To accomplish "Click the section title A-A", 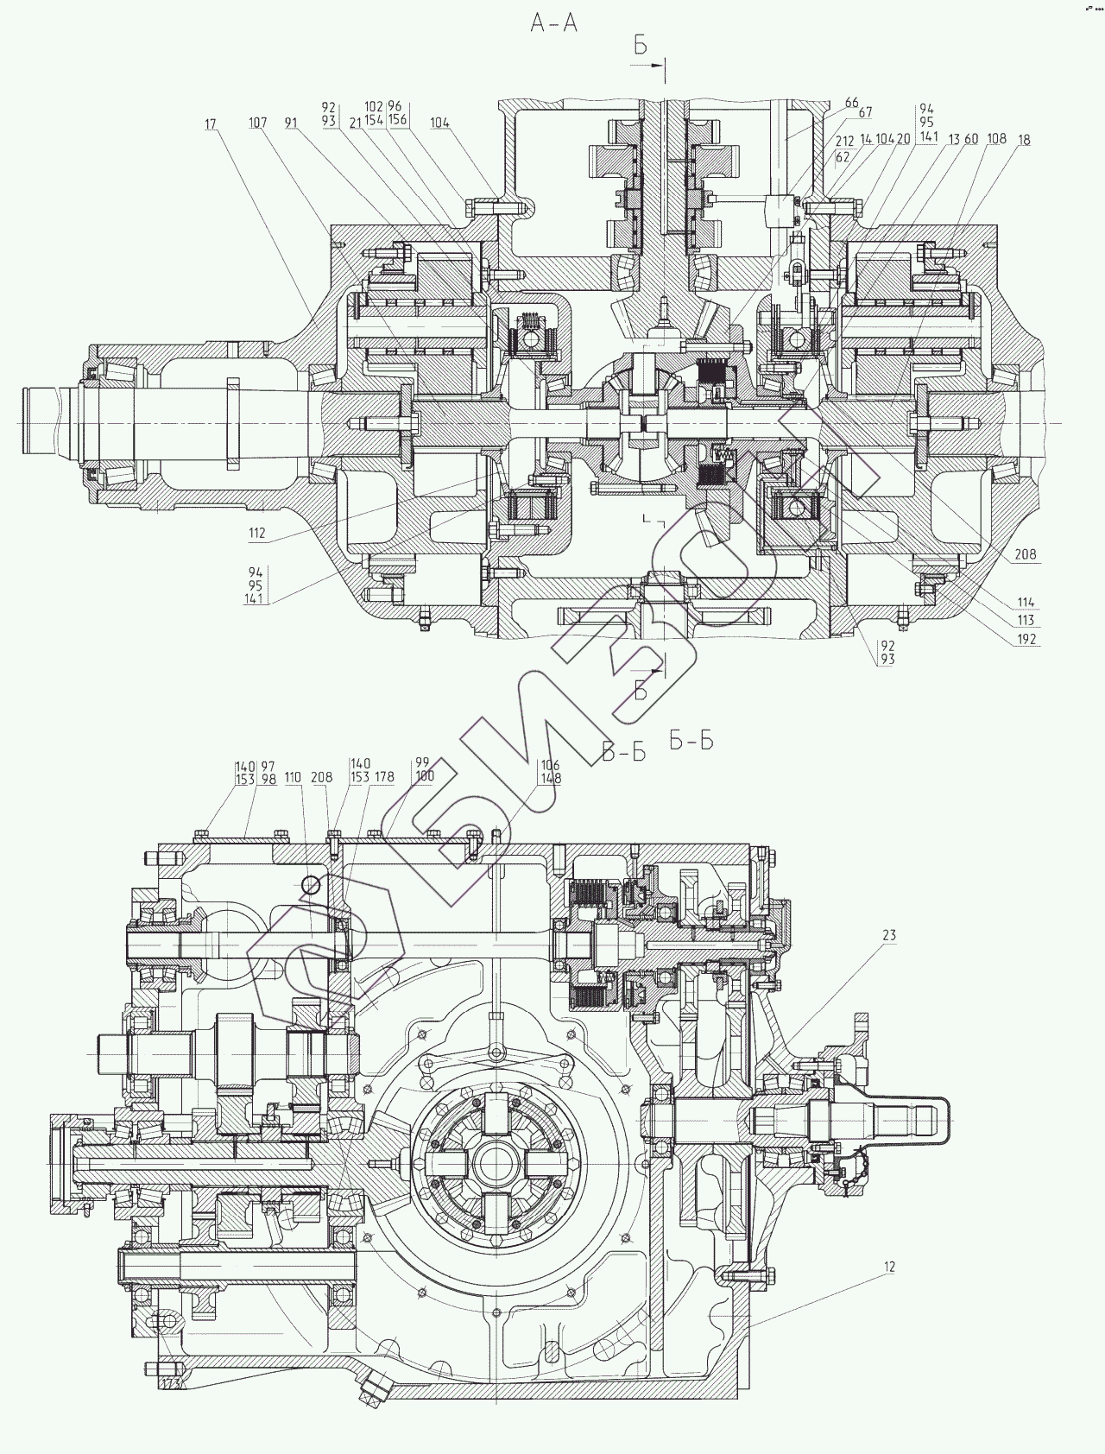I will tap(554, 24).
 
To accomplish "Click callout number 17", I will tap(211, 124).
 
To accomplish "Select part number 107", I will tap(257, 123).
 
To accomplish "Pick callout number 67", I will tap(865, 112).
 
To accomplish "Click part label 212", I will tap(843, 140).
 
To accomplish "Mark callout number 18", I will tap(1024, 140).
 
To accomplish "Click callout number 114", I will tap(1026, 603).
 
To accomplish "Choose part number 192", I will tap(1026, 640).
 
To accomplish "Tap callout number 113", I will tap(1026, 621).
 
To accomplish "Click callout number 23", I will tap(889, 935).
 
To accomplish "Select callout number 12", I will tap(889, 1267).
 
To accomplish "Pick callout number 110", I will tap(294, 778).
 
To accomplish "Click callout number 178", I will tap(384, 777).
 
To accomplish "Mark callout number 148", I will tap(550, 778).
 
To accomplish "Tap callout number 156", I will tap(397, 120).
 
